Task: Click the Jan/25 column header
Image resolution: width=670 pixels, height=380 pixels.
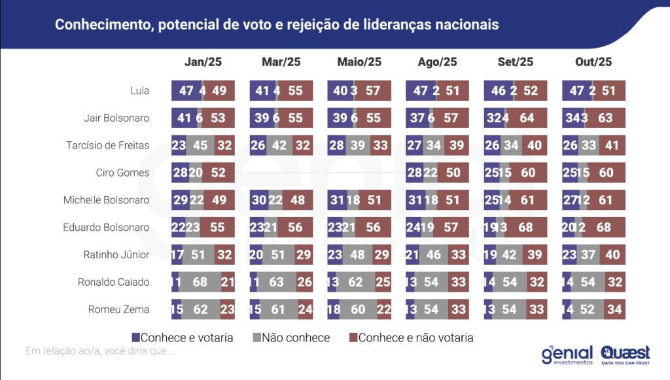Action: pyautogui.click(x=203, y=62)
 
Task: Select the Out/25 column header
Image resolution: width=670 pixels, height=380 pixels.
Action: pyautogui.click(x=593, y=62)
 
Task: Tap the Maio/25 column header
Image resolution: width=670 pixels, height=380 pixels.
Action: pyautogui.click(x=359, y=62)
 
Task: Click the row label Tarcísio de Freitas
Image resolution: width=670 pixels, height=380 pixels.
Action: pyautogui.click(x=108, y=146)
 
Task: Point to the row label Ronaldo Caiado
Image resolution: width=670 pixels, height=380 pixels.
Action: pyautogui.click(x=113, y=283)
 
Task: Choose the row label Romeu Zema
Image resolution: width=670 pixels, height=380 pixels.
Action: pyautogui.click(x=118, y=310)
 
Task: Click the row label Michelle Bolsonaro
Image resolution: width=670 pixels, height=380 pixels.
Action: pyautogui.click(x=106, y=200)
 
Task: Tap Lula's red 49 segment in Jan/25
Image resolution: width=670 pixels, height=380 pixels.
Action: pyautogui.click(x=219, y=91)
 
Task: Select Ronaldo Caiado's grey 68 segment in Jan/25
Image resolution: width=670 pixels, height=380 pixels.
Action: pyautogui.click(x=200, y=283)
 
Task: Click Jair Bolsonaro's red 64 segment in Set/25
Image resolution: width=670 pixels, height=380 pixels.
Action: pyautogui.click(x=527, y=118)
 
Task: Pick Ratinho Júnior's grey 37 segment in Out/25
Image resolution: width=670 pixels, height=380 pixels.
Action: pyautogui.click(x=588, y=255)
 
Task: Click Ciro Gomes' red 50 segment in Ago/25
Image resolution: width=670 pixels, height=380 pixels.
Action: pyautogui.click(x=453, y=173)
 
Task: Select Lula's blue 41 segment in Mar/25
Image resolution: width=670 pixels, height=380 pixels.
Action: pyautogui.click(x=262, y=91)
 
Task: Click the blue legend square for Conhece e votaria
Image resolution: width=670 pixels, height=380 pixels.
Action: pyautogui.click(x=136, y=338)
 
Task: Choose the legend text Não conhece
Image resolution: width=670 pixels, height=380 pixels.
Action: pyautogui.click(x=296, y=338)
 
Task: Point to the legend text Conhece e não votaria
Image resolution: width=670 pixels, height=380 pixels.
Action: pyautogui.click(x=415, y=338)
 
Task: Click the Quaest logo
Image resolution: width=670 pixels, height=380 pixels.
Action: pyautogui.click(x=625, y=354)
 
